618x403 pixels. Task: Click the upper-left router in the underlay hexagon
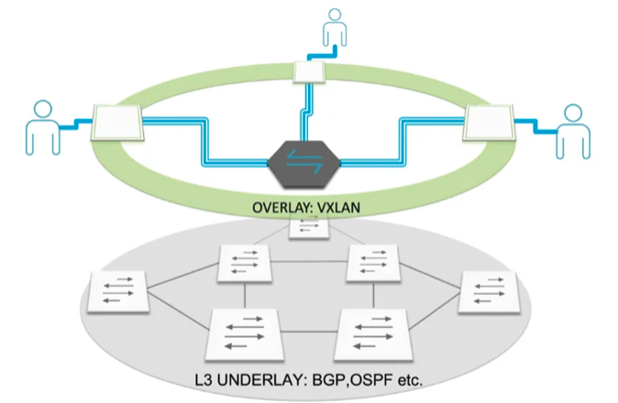[x=243, y=264]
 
